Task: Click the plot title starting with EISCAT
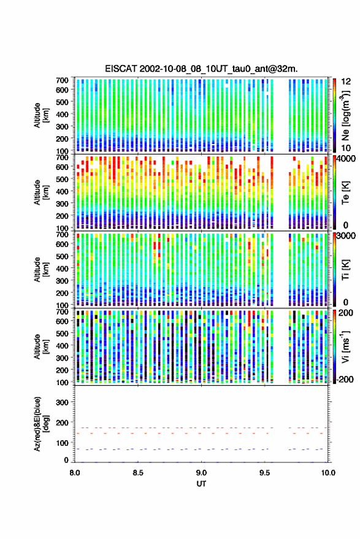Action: coord(202,69)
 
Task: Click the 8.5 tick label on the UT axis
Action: coord(138,473)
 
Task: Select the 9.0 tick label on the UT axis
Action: coord(202,473)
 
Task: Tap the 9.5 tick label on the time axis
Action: coord(265,473)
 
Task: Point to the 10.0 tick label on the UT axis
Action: coord(328,473)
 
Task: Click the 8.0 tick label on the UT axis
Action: coord(75,473)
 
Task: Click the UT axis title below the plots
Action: coord(201,484)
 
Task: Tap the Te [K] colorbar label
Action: coord(345,193)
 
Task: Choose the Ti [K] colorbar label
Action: coord(345,270)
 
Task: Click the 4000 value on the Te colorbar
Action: coord(347,158)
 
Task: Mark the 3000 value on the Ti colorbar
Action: coord(347,235)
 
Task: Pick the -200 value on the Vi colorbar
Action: coord(344,379)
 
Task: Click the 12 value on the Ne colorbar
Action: coord(347,82)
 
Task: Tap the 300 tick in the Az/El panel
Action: coord(62,402)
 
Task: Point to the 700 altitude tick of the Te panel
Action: coord(62,158)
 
